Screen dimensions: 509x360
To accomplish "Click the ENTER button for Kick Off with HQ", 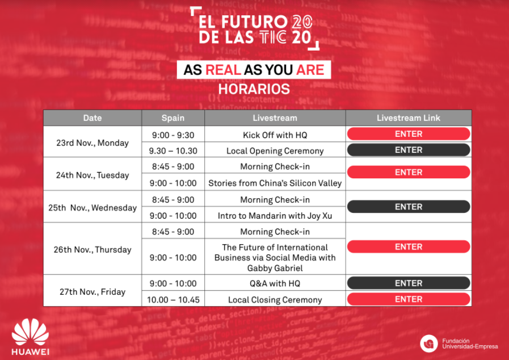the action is tap(409, 134).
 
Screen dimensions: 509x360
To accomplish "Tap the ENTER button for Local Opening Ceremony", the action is tap(409, 150).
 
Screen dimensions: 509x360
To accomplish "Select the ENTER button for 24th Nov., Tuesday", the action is tap(409, 172).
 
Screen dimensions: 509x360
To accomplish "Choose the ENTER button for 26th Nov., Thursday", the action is tap(409, 246).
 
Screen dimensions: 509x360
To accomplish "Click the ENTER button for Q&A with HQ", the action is tap(409, 283).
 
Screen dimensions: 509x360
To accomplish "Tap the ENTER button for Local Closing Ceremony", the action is tap(409, 299).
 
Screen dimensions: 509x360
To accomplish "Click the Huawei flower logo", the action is tap(30, 332).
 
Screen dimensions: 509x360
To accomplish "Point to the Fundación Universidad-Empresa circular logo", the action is tap(429, 344).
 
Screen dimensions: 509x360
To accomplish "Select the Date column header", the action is tap(92, 118).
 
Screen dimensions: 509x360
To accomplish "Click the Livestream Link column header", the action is tap(409, 118).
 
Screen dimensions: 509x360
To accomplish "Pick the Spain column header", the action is tap(173, 118).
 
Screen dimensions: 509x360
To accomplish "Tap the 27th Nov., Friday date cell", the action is tap(92, 291).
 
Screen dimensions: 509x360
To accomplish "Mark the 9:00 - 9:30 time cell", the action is tap(173, 134).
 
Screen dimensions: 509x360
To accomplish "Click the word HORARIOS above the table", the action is tap(254, 89).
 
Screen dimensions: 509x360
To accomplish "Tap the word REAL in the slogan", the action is tap(223, 70).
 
